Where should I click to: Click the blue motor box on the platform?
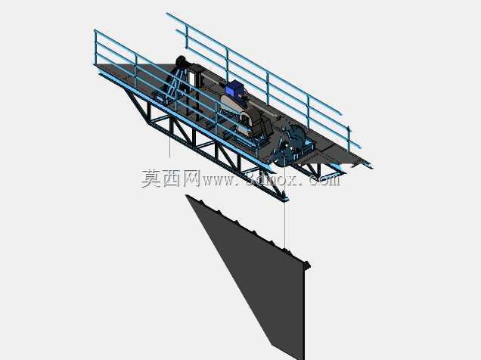pyautogui.click(x=234, y=88)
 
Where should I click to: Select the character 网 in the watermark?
pyautogui.click(x=192, y=178)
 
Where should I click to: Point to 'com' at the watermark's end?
pyautogui.click(x=324, y=180)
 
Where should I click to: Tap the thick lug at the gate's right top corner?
pyautogui.click(x=306, y=265)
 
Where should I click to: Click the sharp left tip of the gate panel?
pyautogui.click(x=186, y=196)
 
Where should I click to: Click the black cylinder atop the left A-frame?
pyautogui.click(x=181, y=61)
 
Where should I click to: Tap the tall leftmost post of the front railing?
pyautogui.click(x=95, y=48)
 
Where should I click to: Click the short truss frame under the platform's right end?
pyautogui.click(x=319, y=170)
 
